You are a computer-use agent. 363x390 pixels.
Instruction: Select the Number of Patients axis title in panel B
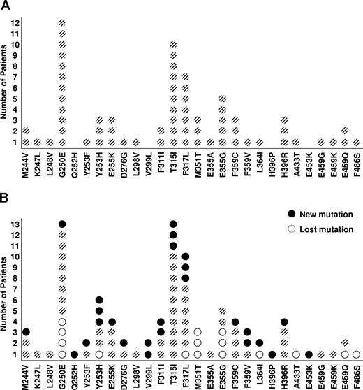(x=8, y=292)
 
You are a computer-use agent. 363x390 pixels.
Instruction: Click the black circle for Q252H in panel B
(x=75, y=354)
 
